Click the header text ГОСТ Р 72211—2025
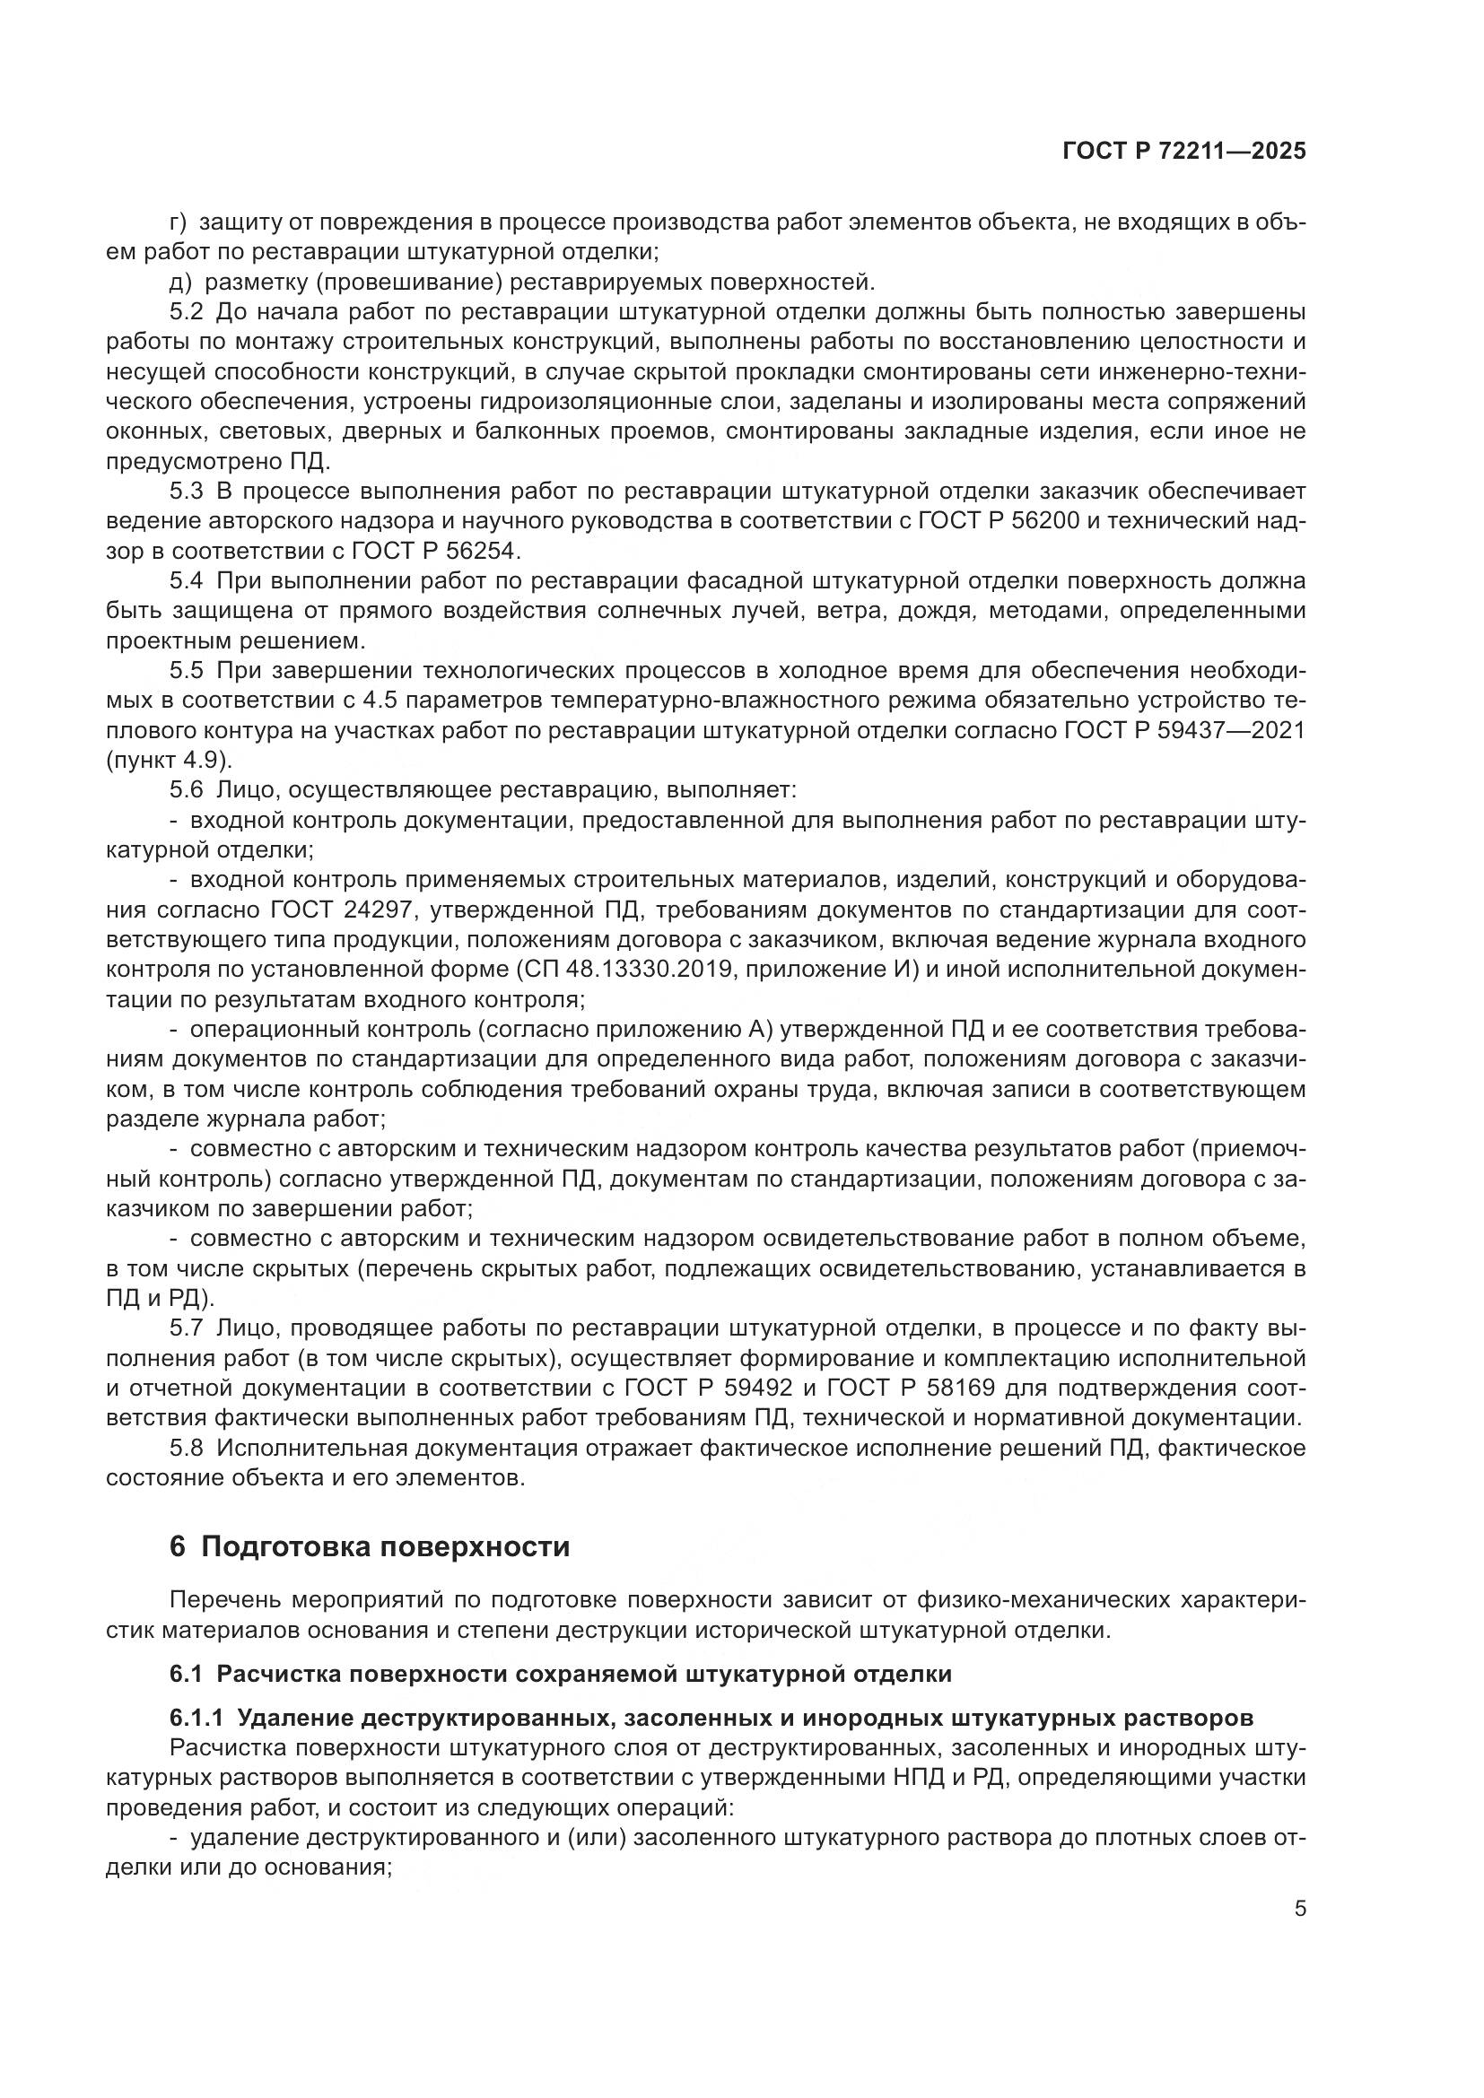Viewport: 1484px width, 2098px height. tap(1184, 152)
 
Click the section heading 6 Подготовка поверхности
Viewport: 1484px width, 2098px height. tap(369, 1547)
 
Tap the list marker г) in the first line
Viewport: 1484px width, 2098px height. tap(179, 222)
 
